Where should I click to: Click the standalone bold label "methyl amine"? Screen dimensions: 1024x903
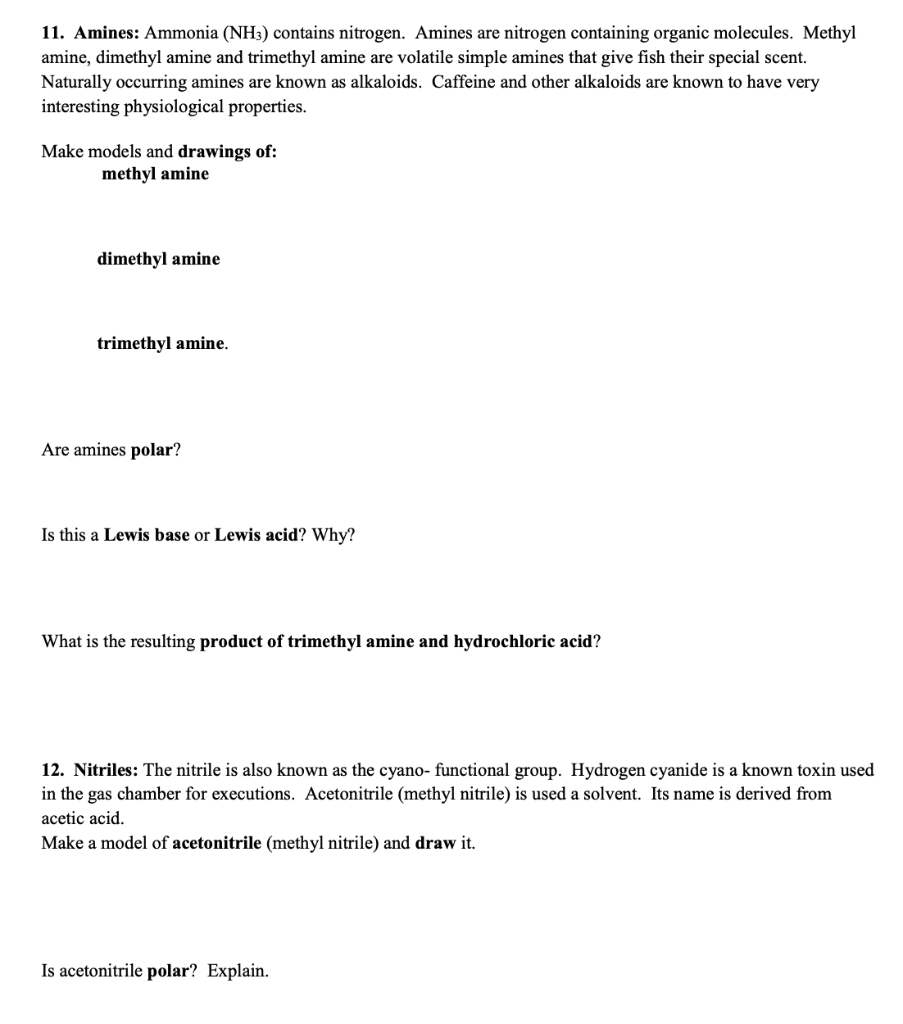pos(155,174)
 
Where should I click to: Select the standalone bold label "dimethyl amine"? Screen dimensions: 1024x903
pos(158,259)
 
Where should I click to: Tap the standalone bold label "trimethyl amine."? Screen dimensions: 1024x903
pos(162,343)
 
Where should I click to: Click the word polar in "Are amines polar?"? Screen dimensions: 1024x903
pos(152,450)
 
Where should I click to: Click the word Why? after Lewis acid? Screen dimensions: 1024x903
pos(333,535)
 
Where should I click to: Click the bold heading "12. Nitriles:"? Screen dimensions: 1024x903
pos(91,770)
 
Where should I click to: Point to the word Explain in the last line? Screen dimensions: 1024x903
pos(238,971)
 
